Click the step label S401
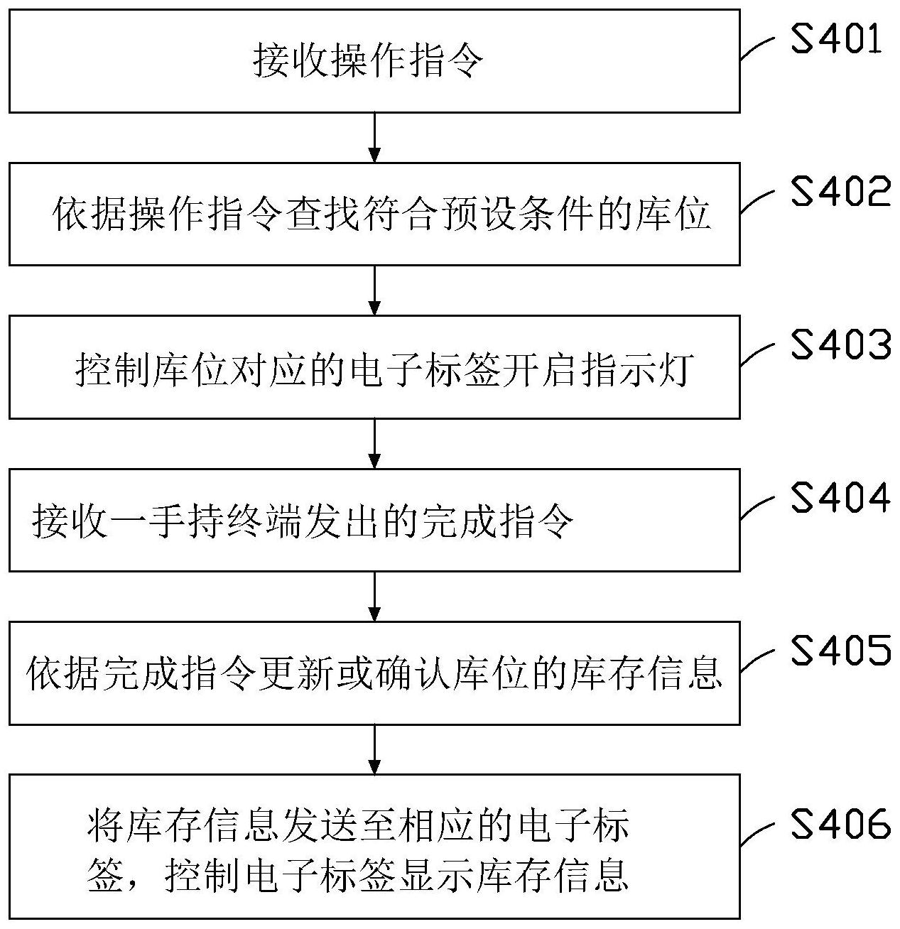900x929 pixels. coord(836,40)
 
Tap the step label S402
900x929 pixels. coord(840,192)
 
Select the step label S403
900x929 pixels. coord(840,345)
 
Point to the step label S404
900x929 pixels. coord(840,498)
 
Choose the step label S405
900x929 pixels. coord(840,651)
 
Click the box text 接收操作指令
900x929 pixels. coord(368,62)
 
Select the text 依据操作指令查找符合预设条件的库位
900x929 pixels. coord(382,214)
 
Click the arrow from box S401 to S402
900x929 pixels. coord(374,137)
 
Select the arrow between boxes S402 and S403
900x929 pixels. coord(374,290)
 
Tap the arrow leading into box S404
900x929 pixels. coord(374,443)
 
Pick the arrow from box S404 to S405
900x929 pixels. coord(374,596)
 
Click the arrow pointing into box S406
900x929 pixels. coord(374,749)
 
